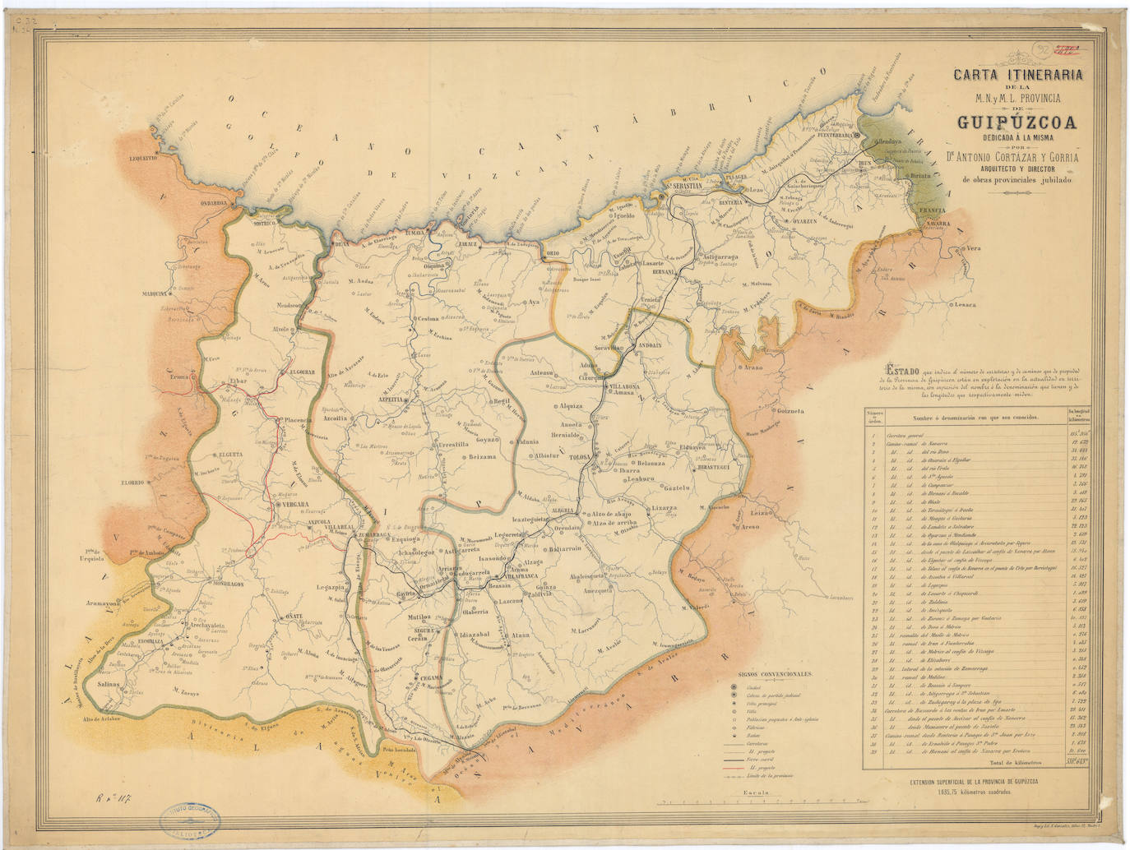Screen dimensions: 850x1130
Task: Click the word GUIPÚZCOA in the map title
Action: pos(1017,124)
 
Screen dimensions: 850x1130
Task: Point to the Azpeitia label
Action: pos(391,400)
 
